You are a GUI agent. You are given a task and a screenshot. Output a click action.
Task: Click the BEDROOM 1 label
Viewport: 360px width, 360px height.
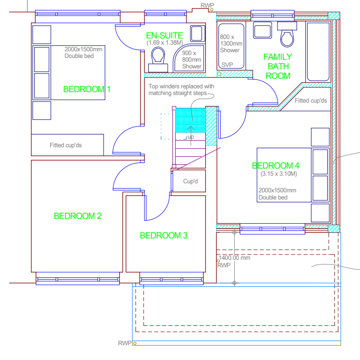click(x=87, y=89)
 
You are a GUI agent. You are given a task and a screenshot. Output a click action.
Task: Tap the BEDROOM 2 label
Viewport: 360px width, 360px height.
click(x=77, y=216)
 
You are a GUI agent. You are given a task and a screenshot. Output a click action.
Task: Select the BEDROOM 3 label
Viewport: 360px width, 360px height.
click(x=164, y=236)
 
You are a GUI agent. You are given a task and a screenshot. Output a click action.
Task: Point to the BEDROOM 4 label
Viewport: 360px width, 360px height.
click(x=275, y=166)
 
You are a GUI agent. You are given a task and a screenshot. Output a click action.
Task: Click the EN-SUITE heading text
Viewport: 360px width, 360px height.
click(x=164, y=36)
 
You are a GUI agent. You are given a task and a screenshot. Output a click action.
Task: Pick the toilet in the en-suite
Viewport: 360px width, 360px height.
click(x=158, y=59)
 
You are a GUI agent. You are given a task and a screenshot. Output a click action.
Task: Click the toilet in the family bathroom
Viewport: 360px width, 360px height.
click(x=287, y=34)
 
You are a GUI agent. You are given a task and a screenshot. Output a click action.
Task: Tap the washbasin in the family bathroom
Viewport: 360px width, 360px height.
click(x=263, y=30)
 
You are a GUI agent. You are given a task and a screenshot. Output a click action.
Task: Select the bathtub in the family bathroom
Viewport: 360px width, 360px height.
click(x=318, y=51)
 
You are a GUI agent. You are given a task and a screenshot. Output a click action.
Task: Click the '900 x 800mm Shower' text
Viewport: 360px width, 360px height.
click(x=191, y=60)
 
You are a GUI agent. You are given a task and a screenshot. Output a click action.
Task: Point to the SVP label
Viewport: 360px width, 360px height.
click(x=227, y=65)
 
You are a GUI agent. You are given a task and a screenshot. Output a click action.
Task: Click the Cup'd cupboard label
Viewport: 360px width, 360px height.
click(x=190, y=181)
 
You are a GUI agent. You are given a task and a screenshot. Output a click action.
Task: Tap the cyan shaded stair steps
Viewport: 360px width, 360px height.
click(x=190, y=120)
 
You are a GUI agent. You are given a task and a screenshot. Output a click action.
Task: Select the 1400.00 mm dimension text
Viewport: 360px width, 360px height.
click(x=235, y=257)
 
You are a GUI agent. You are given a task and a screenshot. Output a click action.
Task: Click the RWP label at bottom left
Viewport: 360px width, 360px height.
click(x=124, y=343)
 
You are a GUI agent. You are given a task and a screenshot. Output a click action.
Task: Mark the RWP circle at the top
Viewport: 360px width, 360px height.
click(x=212, y=9)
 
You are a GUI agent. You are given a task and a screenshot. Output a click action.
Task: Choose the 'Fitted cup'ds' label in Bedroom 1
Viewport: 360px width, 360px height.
click(x=66, y=145)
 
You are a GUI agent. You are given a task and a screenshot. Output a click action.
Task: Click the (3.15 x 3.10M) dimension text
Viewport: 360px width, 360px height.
click(x=278, y=174)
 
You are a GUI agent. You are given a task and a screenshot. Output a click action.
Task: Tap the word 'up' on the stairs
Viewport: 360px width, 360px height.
click(x=191, y=137)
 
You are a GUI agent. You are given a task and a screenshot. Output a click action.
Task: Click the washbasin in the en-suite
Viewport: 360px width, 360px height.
click(x=198, y=34)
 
